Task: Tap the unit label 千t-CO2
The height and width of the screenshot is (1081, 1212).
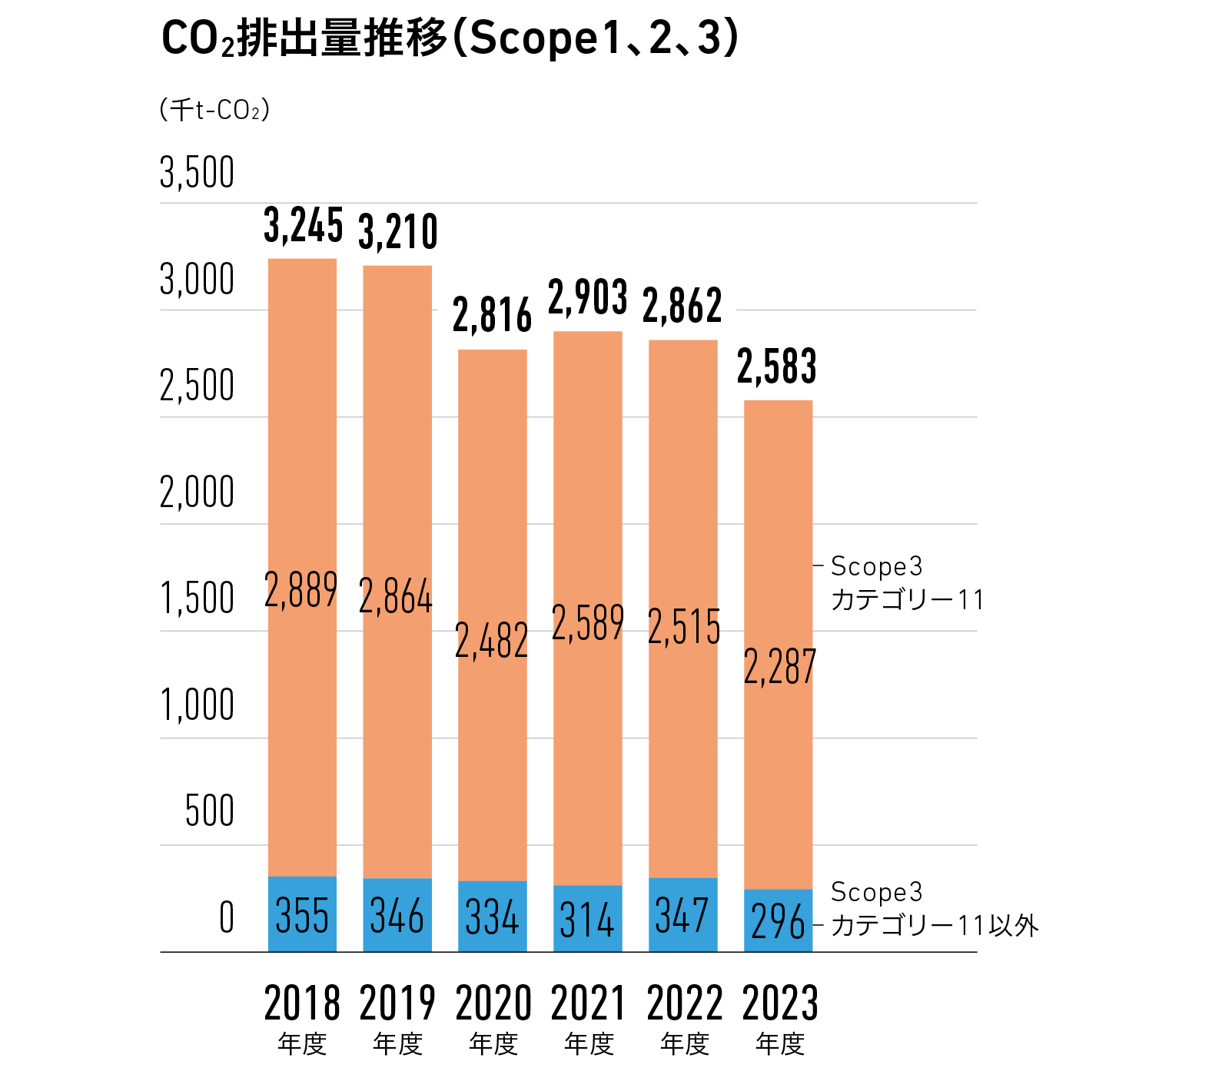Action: tap(214, 110)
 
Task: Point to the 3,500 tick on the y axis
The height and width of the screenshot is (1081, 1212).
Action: tap(197, 172)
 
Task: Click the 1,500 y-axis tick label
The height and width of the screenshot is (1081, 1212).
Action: tap(197, 599)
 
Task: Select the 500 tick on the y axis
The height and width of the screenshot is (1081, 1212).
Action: tap(209, 811)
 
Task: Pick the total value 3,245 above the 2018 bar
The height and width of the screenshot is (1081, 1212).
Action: tap(303, 226)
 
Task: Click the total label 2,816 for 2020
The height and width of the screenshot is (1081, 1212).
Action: tap(492, 316)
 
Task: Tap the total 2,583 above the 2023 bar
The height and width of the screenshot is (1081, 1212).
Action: tap(777, 367)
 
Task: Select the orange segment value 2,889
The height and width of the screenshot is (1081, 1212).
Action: tap(301, 590)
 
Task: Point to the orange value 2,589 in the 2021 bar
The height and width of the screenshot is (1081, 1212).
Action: tap(588, 623)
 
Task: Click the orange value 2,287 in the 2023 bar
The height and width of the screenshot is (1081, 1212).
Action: tap(779, 667)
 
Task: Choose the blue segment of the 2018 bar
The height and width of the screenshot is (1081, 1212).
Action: tap(302, 914)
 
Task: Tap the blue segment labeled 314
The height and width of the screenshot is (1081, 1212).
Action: tap(588, 920)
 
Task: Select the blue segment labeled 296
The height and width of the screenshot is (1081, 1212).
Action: tap(778, 921)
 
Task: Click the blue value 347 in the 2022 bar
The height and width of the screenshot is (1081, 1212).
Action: tap(682, 916)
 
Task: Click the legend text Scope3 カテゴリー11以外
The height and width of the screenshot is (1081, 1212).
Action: tap(933, 909)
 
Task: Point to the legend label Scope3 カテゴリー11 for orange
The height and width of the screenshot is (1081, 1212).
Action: tap(907, 583)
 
